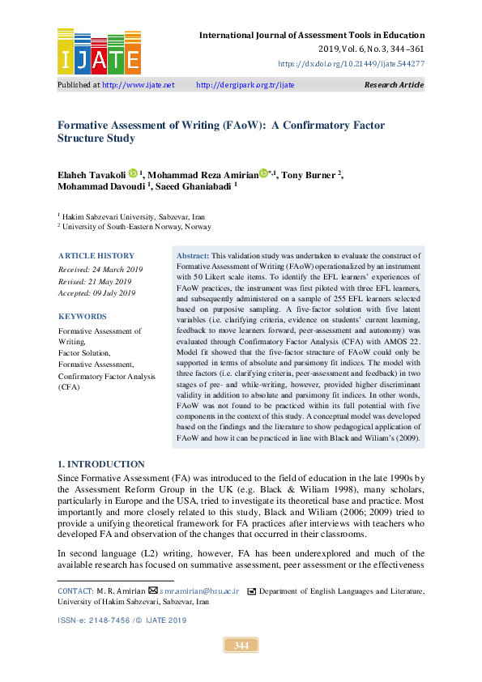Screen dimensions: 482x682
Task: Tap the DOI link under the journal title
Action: click(351, 62)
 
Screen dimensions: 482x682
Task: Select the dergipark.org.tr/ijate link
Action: click(245, 85)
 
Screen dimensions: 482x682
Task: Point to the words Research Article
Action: click(394, 85)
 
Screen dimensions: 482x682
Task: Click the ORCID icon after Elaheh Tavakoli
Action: click(134, 173)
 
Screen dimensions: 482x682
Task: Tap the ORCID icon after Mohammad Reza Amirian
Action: click(263, 173)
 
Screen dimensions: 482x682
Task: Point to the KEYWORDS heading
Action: click(82, 317)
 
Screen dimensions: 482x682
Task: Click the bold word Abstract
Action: click(193, 254)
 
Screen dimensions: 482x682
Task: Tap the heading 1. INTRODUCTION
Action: click(101, 464)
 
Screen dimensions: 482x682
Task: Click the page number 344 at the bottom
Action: click(241, 646)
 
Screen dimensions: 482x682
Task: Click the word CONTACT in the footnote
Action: click(75, 592)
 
